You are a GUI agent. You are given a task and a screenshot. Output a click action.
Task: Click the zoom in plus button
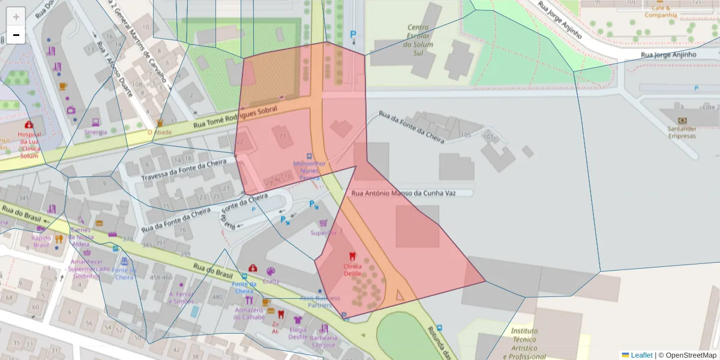tap(16, 16)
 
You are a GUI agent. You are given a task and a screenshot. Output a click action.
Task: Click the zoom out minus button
tap(16, 35)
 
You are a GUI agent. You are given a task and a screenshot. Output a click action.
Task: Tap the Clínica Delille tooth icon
tap(352, 256)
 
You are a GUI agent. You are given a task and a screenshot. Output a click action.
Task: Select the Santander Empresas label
tap(682, 132)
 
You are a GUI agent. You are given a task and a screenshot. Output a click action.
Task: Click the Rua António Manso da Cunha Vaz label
tap(403, 193)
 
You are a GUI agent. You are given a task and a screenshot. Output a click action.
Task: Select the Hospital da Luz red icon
tap(29, 125)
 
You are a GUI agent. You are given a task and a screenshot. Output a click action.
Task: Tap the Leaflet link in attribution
tap(641, 355)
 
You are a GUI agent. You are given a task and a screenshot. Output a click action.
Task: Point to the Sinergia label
tap(95, 132)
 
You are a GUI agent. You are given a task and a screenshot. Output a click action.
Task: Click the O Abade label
tap(159, 133)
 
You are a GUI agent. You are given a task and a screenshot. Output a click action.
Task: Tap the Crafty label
tap(271, 281)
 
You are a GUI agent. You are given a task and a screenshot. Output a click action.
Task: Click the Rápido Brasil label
tap(41, 241)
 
